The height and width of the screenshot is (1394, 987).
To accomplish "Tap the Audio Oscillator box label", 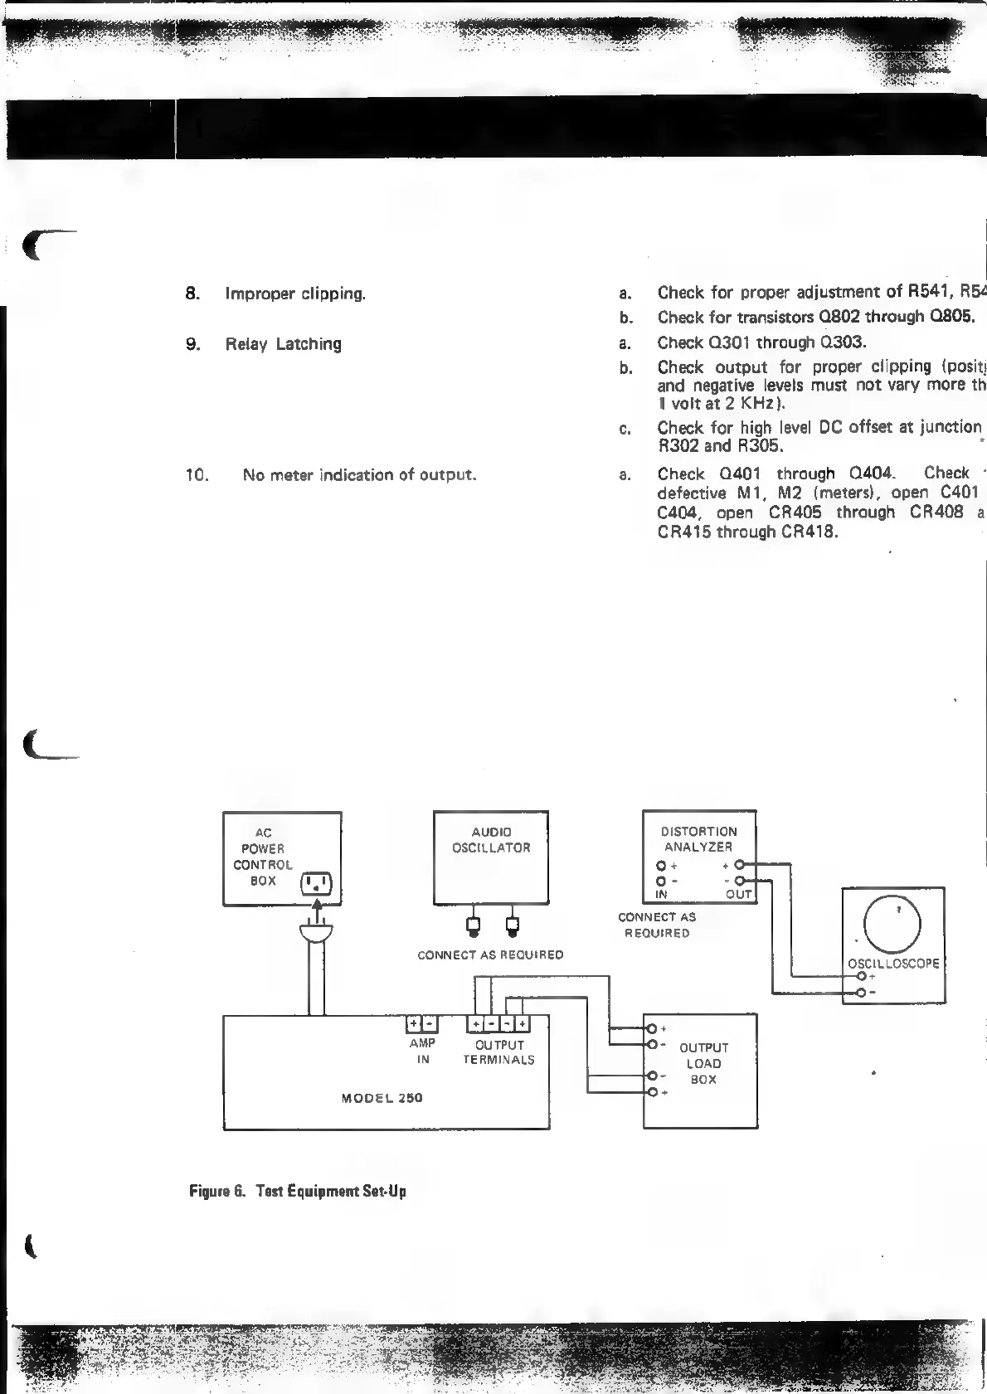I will pyautogui.click(x=491, y=840).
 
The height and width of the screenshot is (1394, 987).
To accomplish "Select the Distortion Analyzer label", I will pyautogui.click(x=698, y=839).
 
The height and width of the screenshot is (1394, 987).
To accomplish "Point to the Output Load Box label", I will pyautogui.click(x=703, y=1063).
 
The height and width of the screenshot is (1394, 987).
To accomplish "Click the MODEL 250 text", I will pyautogui.click(x=382, y=1098).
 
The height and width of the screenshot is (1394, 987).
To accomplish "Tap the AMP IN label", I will pyautogui.click(x=423, y=1051).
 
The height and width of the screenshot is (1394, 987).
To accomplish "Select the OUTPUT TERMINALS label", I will pyautogui.click(x=498, y=1052).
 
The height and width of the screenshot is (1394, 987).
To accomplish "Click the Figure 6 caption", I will pyautogui.click(x=298, y=1192).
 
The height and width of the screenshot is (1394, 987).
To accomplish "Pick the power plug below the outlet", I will pyautogui.click(x=315, y=934).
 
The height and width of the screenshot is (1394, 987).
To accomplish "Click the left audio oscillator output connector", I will pyautogui.click(x=473, y=925).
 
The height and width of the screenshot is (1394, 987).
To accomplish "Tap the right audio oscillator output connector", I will pyautogui.click(x=512, y=925).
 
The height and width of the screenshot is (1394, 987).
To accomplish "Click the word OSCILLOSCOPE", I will pyautogui.click(x=893, y=964).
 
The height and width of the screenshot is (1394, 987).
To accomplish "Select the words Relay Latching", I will pyautogui.click(x=283, y=344).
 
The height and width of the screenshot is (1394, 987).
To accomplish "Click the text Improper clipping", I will pyautogui.click(x=295, y=294).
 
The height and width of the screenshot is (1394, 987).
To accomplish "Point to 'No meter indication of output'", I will pyautogui.click(x=359, y=475).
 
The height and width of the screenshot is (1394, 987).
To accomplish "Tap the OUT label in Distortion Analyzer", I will pyautogui.click(x=738, y=895).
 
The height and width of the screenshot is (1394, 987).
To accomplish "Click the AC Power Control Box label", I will pyautogui.click(x=263, y=857).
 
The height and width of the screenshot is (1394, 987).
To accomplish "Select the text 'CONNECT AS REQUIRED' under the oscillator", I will pyautogui.click(x=490, y=955).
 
